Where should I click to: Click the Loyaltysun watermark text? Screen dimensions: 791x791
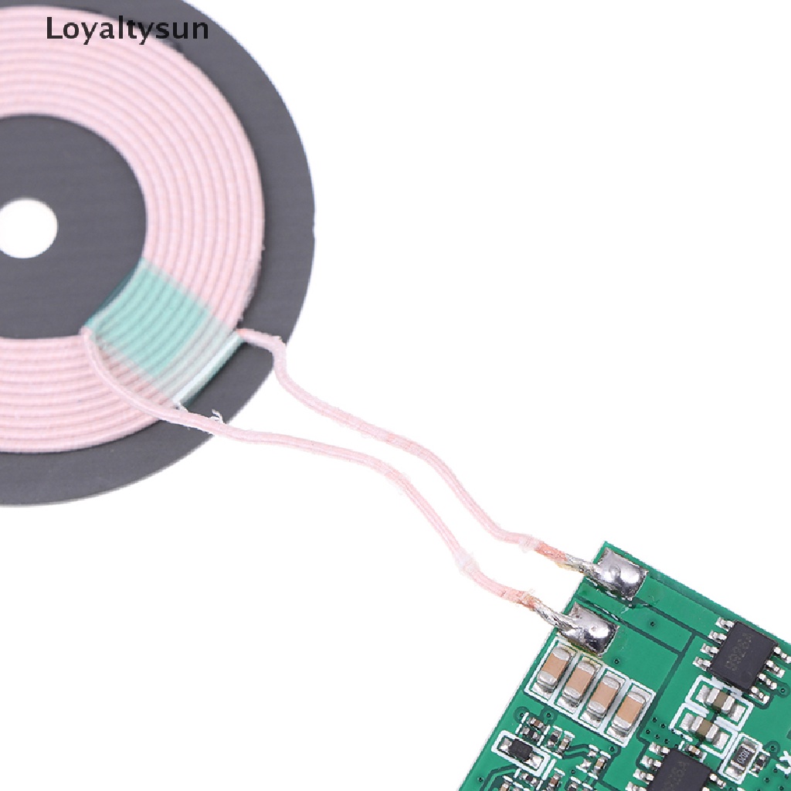[127, 29]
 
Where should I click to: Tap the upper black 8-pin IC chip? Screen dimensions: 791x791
[738, 657]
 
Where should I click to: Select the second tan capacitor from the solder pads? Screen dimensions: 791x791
[579, 680]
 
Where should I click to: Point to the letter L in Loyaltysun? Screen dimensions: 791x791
[52, 29]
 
